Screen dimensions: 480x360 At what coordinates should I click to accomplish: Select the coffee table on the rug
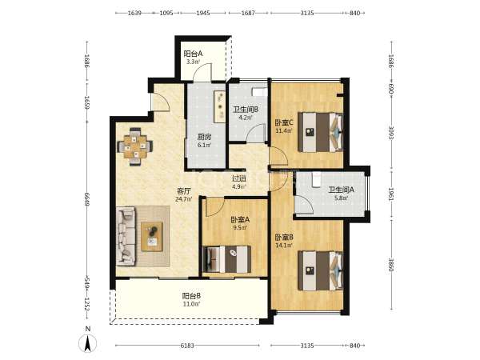151,237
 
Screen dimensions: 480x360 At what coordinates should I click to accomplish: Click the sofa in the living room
126,236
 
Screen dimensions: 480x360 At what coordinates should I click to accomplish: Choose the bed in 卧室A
227,259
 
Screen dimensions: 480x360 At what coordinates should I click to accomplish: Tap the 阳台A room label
193,54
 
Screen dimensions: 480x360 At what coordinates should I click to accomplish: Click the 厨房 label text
204,137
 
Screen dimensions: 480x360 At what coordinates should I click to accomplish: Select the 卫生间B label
246,110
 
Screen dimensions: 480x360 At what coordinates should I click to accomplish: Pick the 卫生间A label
342,190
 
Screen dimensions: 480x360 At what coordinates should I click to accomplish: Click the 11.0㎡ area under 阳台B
192,304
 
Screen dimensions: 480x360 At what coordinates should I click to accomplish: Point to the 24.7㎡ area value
184,199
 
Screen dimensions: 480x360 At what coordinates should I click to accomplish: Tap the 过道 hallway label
238,178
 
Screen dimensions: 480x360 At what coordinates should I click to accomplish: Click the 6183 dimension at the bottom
187,346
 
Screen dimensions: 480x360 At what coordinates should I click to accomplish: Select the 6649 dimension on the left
87,199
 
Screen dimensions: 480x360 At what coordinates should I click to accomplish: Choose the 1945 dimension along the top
203,13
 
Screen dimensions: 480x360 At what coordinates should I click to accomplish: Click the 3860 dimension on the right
391,265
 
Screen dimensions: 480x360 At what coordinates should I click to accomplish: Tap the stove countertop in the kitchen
220,106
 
